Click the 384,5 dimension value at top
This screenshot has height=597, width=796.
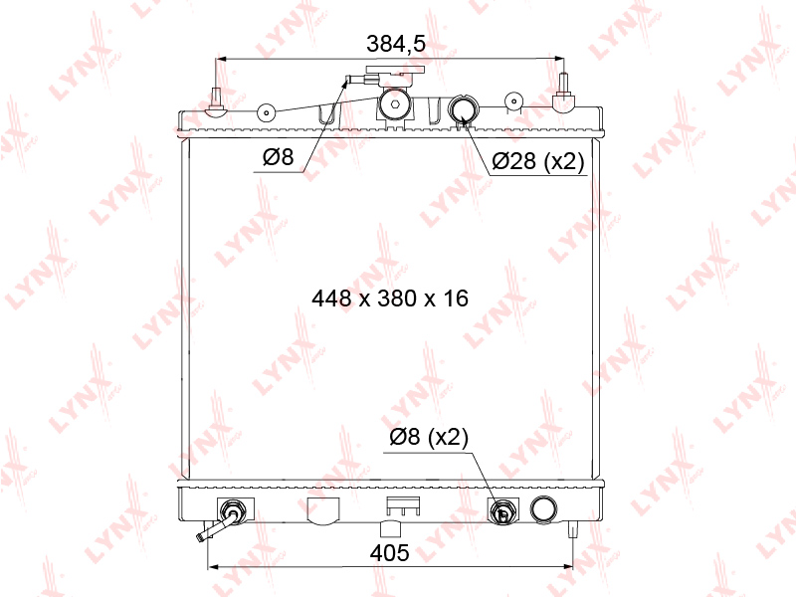(396, 44)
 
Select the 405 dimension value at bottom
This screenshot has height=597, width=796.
(389, 553)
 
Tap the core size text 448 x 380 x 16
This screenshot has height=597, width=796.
(390, 298)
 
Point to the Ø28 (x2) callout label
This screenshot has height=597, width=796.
(538, 161)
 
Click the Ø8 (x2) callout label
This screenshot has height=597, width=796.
(429, 437)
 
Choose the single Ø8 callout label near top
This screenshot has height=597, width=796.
(279, 157)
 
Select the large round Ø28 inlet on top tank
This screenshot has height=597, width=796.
(463, 108)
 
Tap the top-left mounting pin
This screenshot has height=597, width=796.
(216, 102)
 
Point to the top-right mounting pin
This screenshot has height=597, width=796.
(562, 93)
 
